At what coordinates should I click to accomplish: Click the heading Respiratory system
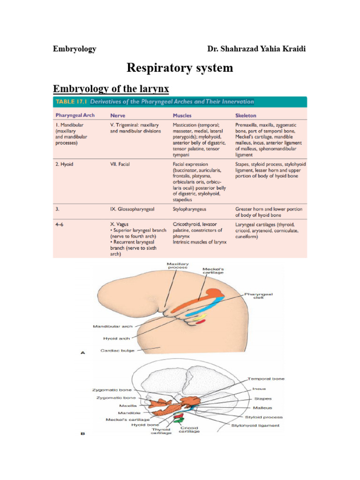click(x=180, y=68)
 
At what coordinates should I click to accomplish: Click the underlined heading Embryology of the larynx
click(x=111, y=89)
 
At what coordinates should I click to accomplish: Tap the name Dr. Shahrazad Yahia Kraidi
click(x=256, y=49)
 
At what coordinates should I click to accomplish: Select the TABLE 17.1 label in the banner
click(x=71, y=102)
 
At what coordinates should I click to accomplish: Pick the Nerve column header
click(x=118, y=115)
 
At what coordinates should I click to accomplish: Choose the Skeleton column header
click(x=246, y=115)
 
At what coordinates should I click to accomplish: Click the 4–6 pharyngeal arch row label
click(x=59, y=225)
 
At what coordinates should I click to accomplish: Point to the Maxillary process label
click(x=177, y=266)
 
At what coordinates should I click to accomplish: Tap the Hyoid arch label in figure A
click(x=117, y=337)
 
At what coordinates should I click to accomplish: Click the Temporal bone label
click(x=266, y=378)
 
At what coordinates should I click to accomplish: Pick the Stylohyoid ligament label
click(x=255, y=426)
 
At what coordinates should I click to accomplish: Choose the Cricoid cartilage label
click(x=189, y=429)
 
